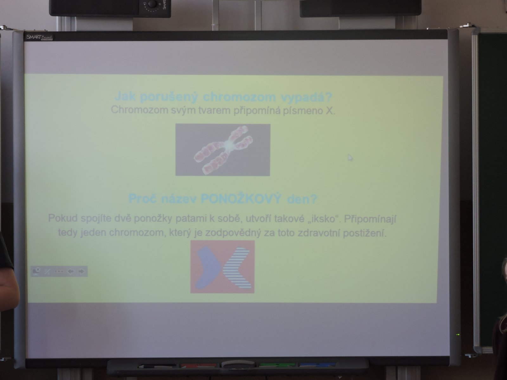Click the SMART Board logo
(x=40, y=37)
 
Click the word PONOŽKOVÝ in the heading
(x=241, y=199)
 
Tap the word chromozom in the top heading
(x=239, y=97)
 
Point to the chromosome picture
(x=223, y=150)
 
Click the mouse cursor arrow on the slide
(x=350, y=158)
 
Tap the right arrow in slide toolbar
(x=81, y=271)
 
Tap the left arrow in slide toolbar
(x=70, y=271)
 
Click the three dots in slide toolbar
(x=59, y=271)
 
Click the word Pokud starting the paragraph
(x=63, y=218)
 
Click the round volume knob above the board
(x=152, y=4)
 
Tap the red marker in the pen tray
(x=199, y=365)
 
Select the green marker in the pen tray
(x=277, y=365)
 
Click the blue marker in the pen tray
(x=318, y=365)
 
